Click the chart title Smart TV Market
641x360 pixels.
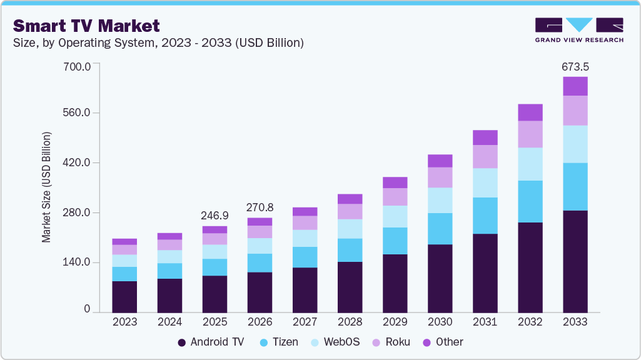86,26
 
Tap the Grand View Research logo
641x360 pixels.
578,29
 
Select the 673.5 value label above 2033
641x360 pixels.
575,67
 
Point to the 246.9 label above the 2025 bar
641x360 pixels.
215,216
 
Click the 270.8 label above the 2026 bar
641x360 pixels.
260,207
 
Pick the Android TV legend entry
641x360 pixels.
211,342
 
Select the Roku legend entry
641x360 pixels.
391,342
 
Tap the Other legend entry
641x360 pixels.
443,342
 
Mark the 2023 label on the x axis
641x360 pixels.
124,322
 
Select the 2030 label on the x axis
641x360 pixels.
440,322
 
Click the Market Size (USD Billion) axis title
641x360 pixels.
46,187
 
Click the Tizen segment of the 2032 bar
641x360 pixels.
530,201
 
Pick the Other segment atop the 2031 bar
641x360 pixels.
485,137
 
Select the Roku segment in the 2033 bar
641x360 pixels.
575,111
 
